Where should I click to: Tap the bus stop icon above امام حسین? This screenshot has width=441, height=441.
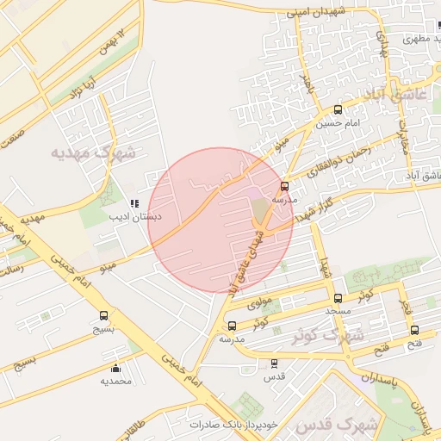[x=337, y=110]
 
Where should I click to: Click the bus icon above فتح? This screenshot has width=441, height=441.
[x=414, y=330]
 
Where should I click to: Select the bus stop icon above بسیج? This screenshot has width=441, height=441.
[x=104, y=315]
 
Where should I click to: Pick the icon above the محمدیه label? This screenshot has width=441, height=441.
[x=115, y=369]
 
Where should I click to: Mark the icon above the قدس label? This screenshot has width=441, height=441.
[x=274, y=364]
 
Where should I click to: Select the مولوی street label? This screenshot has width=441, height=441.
[x=259, y=303]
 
